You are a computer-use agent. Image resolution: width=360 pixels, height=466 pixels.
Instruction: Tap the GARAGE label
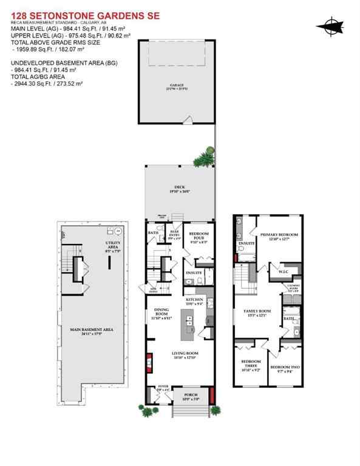point(177,85)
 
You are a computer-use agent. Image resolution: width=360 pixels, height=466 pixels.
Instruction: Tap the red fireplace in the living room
point(148,366)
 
